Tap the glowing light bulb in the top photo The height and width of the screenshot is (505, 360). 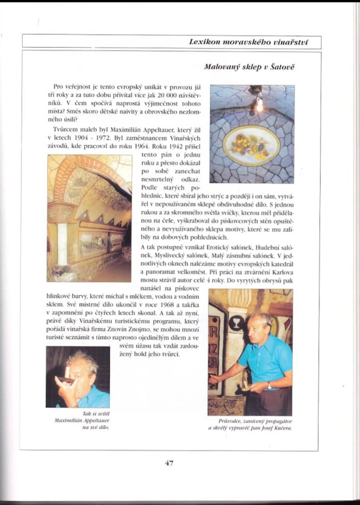point(259,103)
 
